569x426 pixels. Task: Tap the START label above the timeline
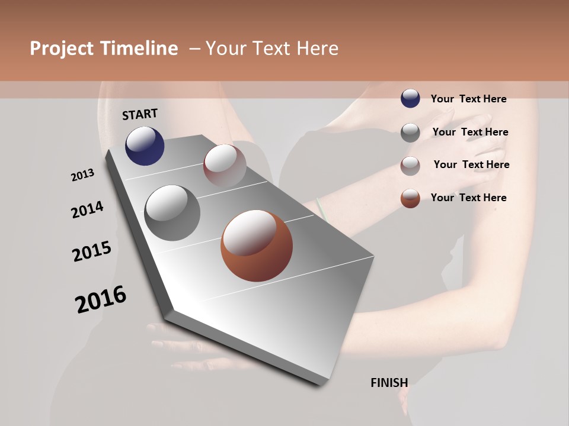[140, 114]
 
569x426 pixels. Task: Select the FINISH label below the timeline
[389, 383]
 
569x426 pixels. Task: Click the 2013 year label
[82, 175]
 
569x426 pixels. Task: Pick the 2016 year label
[101, 299]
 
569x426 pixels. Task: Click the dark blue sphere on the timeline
[145, 146]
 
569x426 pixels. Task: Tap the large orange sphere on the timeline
[256, 246]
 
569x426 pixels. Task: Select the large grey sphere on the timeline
[172, 213]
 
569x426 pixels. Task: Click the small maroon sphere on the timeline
[225, 165]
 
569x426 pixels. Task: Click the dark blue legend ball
[410, 99]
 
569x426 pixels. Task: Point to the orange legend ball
[410, 198]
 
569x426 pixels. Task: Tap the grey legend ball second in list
[410, 133]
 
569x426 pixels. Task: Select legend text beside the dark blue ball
[468, 99]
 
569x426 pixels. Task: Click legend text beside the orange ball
[468, 198]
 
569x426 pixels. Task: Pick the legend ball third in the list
[410, 166]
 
